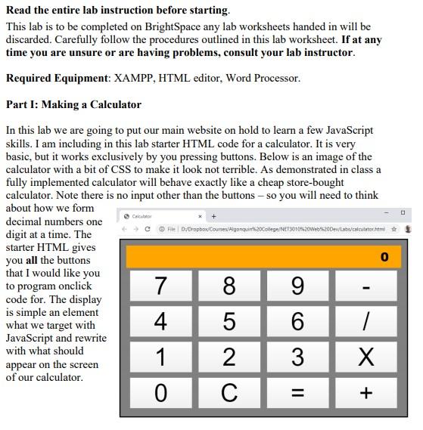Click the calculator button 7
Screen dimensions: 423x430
coord(160,286)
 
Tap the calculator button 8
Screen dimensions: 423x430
coord(229,286)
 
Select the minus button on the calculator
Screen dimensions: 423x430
coord(366,286)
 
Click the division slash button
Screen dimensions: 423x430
coord(366,321)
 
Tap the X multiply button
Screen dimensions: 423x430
coord(366,357)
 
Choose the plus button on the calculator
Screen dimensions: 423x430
coord(366,392)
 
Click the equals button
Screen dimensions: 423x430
coord(297,392)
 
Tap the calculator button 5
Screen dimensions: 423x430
coord(229,321)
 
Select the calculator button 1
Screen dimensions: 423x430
coord(160,357)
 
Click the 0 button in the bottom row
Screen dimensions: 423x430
coord(160,392)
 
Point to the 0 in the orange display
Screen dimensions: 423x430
coord(384,257)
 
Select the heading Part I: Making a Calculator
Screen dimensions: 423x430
coord(73,104)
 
